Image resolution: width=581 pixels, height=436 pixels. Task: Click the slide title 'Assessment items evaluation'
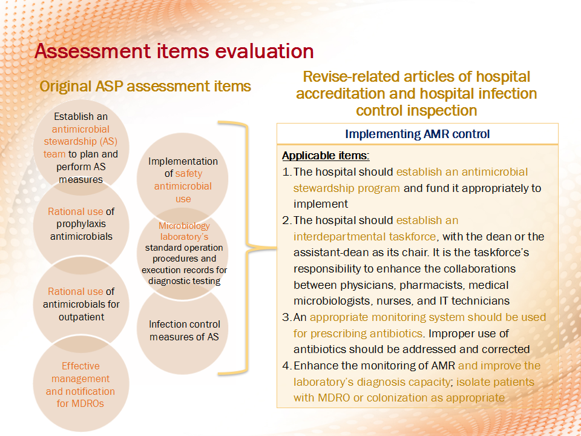point(174,51)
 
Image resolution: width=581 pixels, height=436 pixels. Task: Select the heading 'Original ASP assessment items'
point(145,87)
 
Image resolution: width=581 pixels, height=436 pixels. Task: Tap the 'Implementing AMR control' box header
point(417,134)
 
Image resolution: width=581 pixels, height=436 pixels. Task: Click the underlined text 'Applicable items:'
point(326,156)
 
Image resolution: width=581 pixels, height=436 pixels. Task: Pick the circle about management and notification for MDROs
point(81,383)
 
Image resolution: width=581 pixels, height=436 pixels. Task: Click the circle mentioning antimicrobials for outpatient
point(81,304)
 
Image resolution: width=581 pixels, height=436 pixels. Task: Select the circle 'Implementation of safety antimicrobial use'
point(183,179)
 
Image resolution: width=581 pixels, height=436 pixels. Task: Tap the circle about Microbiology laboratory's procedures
point(183,254)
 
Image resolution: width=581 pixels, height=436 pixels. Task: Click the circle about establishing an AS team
point(81,148)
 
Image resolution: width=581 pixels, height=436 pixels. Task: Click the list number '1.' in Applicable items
point(287,172)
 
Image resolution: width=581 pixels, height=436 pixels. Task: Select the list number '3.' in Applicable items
point(287,317)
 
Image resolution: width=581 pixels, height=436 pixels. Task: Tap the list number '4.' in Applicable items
point(287,366)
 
